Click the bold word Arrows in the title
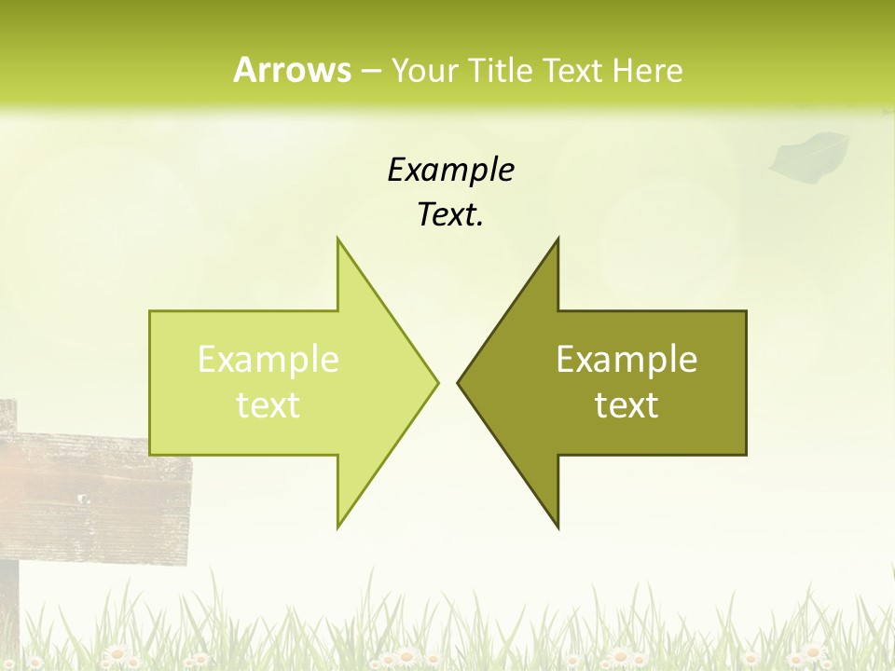click(x=292, y=70)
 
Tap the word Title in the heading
click(x=499, y=71)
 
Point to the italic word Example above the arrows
click(x=450, y=171)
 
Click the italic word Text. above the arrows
click(x=450, y=215)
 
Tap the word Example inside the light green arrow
click(x=268, y=360)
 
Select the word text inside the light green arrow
click(x=268, y=405)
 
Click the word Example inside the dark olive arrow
click(x=626, y=360)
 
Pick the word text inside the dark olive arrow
click(x=626, y=405)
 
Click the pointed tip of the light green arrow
click(x=436, y=382)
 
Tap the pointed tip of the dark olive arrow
click(x=459, y=382)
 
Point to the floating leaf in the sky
click(x=809, y=155)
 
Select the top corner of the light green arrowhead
click(x=338, y=240)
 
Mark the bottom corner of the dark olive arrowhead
click(x=558, y=527)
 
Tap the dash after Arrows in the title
click(x=370, y=71)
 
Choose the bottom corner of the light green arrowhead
click(x=338, y=527)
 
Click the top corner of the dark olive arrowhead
click(x=558, y=240)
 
